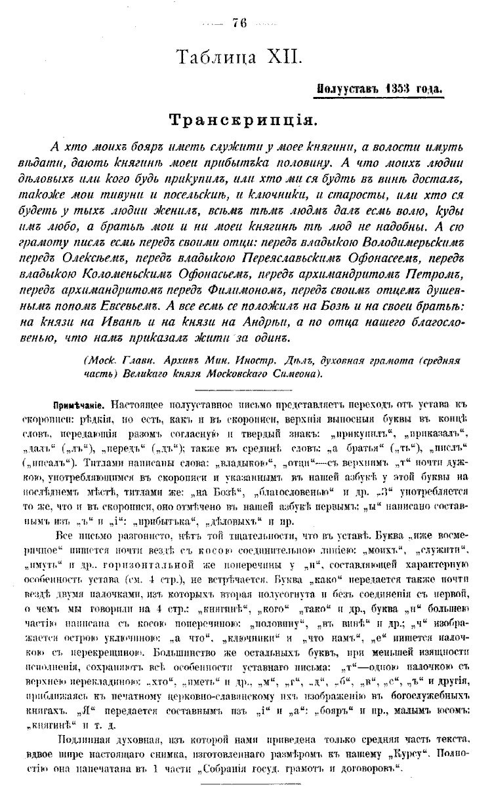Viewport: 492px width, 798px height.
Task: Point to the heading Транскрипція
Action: click(245, 120)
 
